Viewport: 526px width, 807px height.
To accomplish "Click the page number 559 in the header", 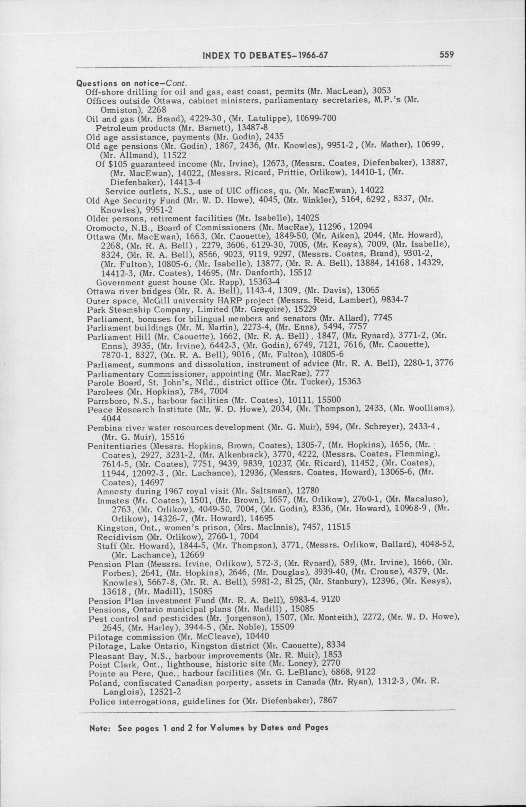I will [446, 54].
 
